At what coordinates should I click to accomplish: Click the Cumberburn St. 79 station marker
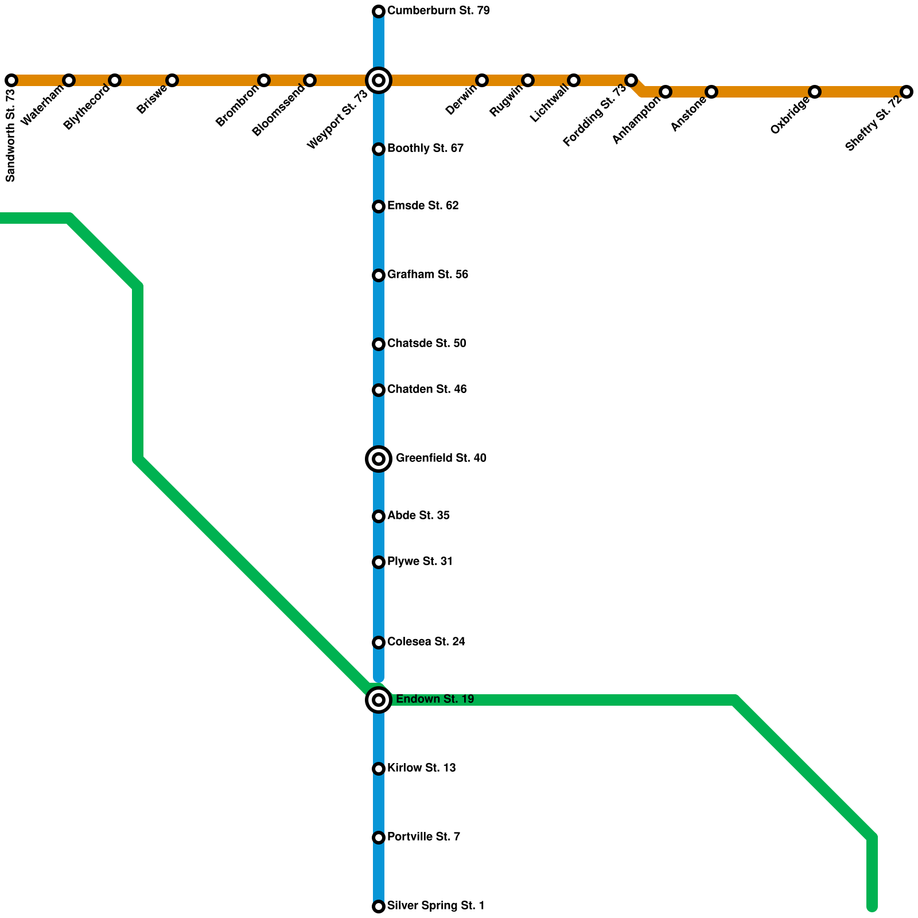pos(379,11)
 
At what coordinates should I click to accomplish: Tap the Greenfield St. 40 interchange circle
pos(379,459)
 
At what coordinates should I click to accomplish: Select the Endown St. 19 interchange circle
pos(379,700)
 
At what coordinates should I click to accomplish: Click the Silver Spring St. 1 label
pos(435,906)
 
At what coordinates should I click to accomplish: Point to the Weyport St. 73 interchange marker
pos(379,80)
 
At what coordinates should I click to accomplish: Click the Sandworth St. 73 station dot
pos(11,80)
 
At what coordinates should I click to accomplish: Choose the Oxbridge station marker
pos(815,92)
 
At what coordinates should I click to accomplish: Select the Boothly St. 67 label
pos(425,149)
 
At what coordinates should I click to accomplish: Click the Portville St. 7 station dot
pos(379,838)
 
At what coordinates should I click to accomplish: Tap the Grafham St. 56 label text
pos(427,275)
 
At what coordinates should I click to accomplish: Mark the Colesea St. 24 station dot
pos(379,643)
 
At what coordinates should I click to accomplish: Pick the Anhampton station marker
pos(666,92)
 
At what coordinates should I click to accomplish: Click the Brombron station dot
pos(264,80)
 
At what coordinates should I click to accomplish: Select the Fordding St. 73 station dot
pos(631,80)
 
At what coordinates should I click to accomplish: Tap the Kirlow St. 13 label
pos(421,768)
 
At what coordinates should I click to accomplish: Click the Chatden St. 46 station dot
pos(379,390)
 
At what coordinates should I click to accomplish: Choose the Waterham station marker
pos(69,80)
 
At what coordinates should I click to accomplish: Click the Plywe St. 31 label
pos(419,562)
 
